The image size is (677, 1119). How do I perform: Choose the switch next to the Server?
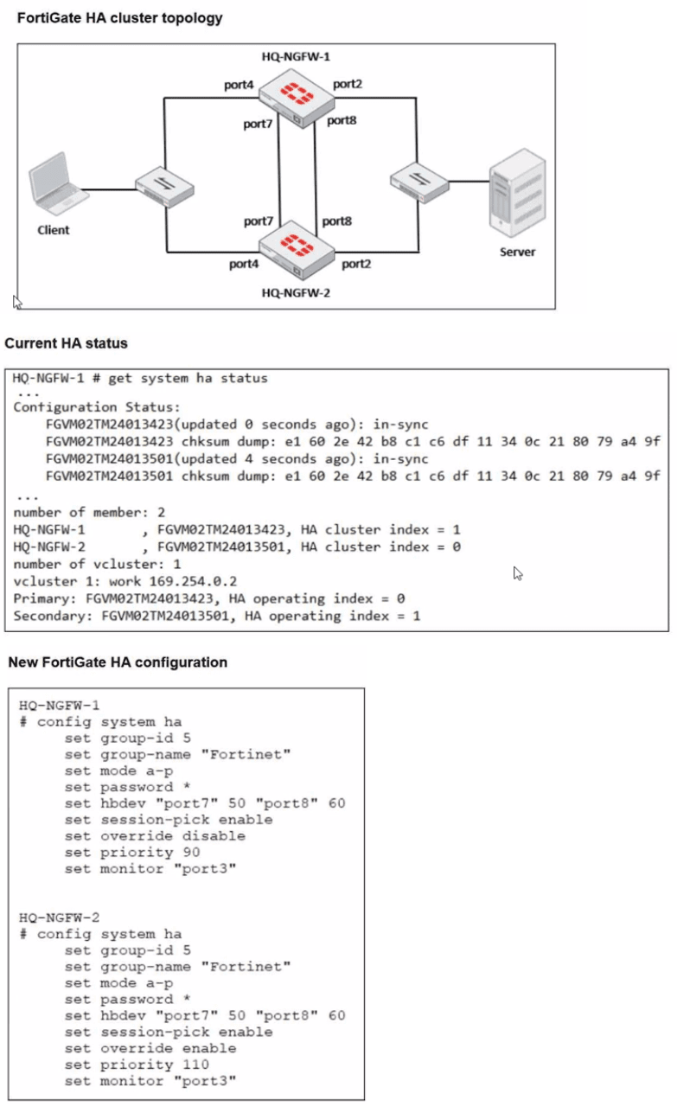(x=418, y=182)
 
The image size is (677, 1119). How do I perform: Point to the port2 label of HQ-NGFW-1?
(x=348, y=84)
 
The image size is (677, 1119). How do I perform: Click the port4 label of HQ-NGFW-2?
(x=244, y=264)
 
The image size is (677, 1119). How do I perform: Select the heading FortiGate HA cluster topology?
(x=120, y=18)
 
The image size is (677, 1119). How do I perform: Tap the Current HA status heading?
(x=67, y=343)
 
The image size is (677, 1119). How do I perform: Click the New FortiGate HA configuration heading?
(x=118, y=662)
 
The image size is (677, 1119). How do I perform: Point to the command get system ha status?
(x=188, y=378)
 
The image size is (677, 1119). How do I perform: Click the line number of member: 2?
(x=73, y=512)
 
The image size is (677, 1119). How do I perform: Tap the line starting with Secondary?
(x=216, y=616)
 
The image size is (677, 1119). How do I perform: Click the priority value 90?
(x=192, y=852)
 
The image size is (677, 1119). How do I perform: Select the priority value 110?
(x=195, y=1065)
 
